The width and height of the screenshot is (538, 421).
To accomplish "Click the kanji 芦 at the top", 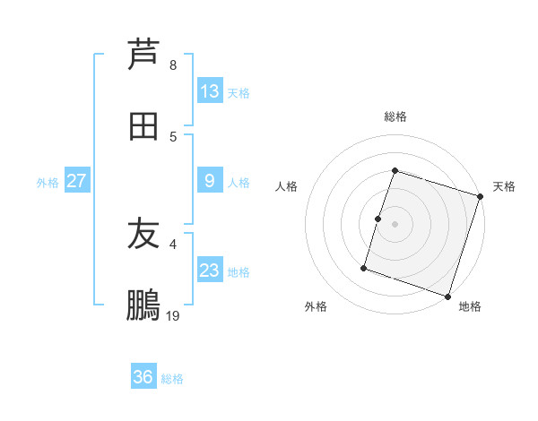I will click(x=143, y=54).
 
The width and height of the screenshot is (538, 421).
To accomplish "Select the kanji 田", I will click(x=143, y=125).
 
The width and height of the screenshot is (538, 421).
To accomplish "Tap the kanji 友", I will click(x=143, y=234).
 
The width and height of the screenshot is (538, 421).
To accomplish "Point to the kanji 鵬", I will click(x=143, y=305).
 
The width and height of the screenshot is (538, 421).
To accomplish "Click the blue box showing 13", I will click(x=210, y=91).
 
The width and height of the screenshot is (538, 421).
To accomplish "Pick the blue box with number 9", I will click(x=210, y=181).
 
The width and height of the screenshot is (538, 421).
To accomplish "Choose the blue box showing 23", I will click(x=210, y=271).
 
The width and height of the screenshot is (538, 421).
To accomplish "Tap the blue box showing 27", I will click(x=76, y=181).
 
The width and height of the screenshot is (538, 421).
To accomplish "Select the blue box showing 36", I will click(x=143, y=377).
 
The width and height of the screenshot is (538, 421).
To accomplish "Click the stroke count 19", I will click(x=172, y=315).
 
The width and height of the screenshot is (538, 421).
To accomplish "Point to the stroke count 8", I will click(x=172, y=64).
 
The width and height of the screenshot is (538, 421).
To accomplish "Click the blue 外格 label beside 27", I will click(x=48, y=182).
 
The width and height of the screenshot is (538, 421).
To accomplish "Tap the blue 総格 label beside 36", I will click(x=172, y=379).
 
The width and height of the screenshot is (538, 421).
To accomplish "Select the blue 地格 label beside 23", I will click(x=239, y=271).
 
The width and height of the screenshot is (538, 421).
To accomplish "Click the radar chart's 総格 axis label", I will click(x=395, y=116).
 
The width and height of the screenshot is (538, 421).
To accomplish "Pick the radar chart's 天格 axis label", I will click(x=504, y=186).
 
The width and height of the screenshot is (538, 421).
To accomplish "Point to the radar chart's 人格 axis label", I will click(x=287, y=186).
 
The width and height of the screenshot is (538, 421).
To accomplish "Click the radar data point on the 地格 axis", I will click(x=447, y=296).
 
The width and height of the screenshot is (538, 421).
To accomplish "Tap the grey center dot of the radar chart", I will click(x=395, y=223).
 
